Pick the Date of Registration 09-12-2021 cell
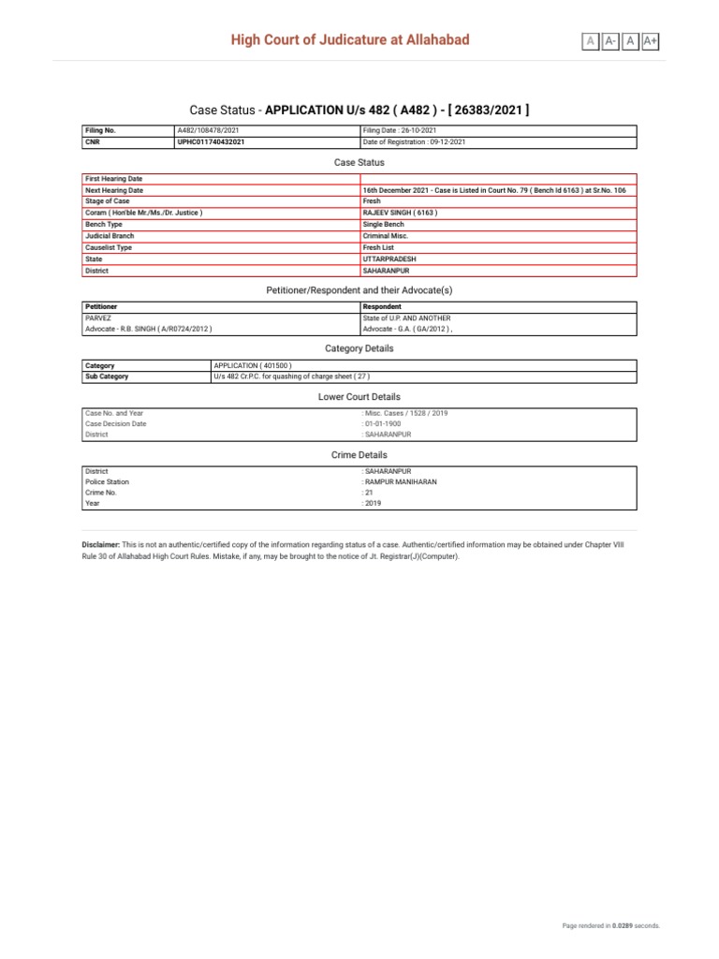click(x=414, y=142)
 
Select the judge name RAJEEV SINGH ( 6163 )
click(x=400, y=213)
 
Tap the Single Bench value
click(x=384, y=225)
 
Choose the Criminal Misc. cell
click(x=386, y=236)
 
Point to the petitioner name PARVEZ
click(x=98, y=317)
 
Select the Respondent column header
click(x=382, y=306)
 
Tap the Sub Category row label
click(x=107, y=376)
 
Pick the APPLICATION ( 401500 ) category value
click(x=254, y=365)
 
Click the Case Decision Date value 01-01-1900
click(x=383, y=423)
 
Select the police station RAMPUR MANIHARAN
click(x=401, y=481)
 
